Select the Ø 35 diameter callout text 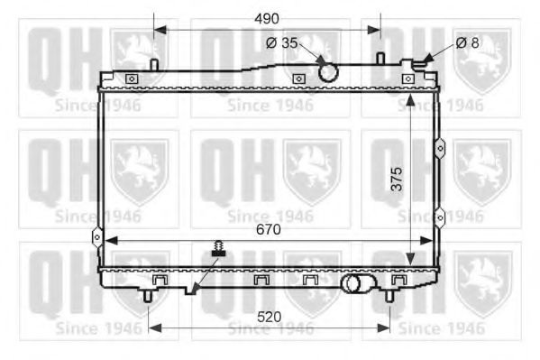coord(282,42)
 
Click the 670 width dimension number coord(268,230)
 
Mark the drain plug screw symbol coord(217,250)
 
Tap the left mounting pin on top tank coord(155,65)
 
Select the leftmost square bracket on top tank coord(132,79)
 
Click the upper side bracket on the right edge coord(439,146)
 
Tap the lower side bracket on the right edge coord(439,216)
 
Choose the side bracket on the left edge coord(96,236)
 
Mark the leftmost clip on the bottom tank coord(160,282)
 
